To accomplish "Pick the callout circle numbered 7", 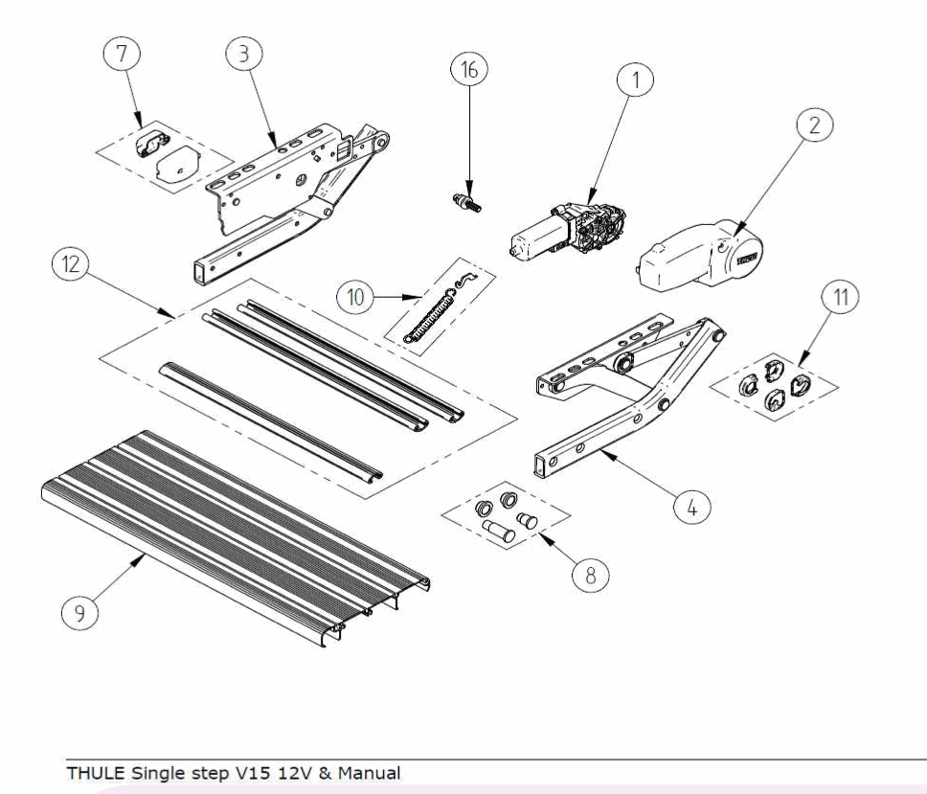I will coord(121,56).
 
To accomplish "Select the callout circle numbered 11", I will coord(840,298).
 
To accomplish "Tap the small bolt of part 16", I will coord(465,202).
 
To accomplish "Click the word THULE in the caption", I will coord(91,771).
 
